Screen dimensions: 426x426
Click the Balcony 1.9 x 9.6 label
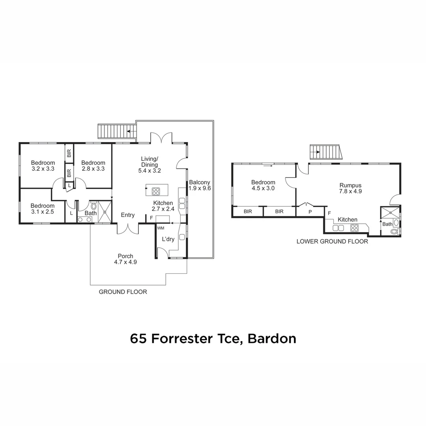point(200,185)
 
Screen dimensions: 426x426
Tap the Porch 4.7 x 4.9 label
point(125,259)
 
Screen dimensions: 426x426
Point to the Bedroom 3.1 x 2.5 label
point(43,209)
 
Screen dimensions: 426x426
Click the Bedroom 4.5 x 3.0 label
point(263,185)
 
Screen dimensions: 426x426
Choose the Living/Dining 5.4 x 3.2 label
point(149,165)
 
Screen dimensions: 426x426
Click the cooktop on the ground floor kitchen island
point(156,191)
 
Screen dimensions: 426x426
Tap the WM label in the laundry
point(161,228)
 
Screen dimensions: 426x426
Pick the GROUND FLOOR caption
point(123,292)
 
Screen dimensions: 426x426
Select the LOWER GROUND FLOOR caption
point(332,241)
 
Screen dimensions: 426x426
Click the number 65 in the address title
point(138,338)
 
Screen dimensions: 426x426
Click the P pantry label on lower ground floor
point(310,212)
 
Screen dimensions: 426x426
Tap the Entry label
point(128,215)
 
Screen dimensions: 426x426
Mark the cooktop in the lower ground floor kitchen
point(354,228)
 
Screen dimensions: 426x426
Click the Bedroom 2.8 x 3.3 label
point(93,166)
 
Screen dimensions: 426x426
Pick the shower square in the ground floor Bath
point(105,212)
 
